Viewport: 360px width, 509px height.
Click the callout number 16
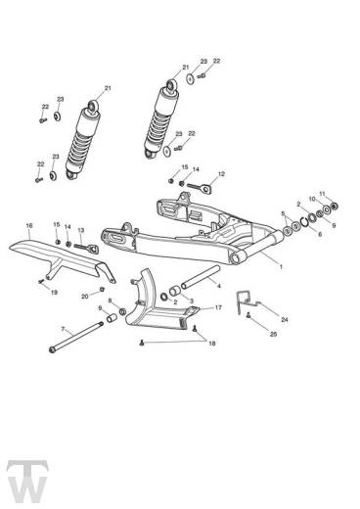[29, 225]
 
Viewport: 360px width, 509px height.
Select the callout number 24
[285, 320]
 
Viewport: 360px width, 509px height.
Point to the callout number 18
[212, 344]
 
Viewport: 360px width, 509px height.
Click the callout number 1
[281, 266]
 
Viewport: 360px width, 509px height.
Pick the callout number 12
[221, 174]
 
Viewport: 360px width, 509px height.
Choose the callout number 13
[81, 230]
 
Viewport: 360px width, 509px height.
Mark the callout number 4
[219, 286]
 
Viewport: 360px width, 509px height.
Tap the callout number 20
[85, 297]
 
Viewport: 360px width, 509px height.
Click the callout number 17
[218, 307]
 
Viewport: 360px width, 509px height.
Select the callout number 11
[322, 194]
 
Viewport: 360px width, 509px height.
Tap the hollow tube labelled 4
[201, 277]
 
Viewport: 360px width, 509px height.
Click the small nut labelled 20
[102, 289]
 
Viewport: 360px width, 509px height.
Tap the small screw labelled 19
[41, 281]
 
